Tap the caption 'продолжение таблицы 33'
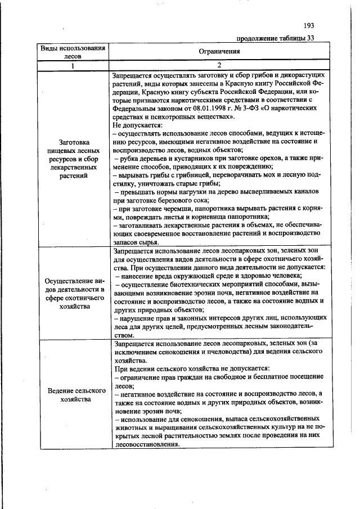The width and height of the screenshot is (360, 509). pyautogui.click(x=275, y=38)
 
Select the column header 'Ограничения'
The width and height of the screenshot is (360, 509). pyautogui.click(x=219, y=51)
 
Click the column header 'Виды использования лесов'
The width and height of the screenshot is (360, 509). pyautogui.click(x=73, y=52)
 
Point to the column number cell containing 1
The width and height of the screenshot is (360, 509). pyautogui.click(x=73, y=65)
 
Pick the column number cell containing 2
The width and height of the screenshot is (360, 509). pyautogui.click(x=219, y=65)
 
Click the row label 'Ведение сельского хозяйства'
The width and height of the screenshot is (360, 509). pyautogui.click(x=73, y=394)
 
